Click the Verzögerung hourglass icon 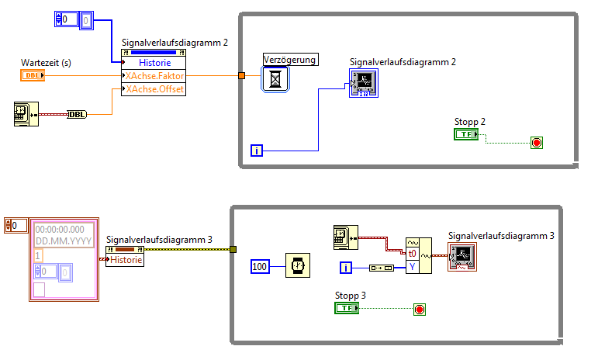pyautogui.click(x=275, y=78)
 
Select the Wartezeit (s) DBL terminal pyautogui.click(x=33, y=75)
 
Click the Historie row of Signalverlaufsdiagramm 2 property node pyautogui.click(x=154, y=63)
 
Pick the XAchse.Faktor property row pyautogui.click(x=154, y=76)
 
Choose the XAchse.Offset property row pyautogui.click(x=154, y=89)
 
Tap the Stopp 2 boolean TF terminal pyautogui.click(x=467, y=134)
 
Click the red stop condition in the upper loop pyautogui.click(x=536, y=142)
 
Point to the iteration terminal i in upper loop pyautogui.click(x=257, y=150)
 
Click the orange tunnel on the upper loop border pyautogui.click(x=241, y=75)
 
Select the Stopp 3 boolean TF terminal pyautogui.click(x=347, y=308)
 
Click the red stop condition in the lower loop pyautogui.click(x=420, y=310)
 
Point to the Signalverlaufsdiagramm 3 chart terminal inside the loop pyautogui.click(x=461, y=257)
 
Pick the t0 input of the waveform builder pyautogui.click(x=413, y=253)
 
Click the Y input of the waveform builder pyautogui.click(x=413, y=267)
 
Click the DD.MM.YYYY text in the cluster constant pyautogui.click(x=64, y=241)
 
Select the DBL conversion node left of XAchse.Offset pyautogui.click(x=77, y=115)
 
